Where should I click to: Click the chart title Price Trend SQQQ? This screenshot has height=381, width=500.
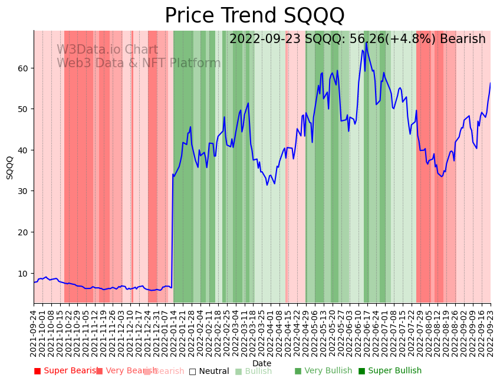coord(254,16)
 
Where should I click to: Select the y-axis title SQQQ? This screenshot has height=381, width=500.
coord(10,167)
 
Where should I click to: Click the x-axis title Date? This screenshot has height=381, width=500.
coord(262,364)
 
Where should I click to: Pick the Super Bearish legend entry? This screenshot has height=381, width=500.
coord(66,371)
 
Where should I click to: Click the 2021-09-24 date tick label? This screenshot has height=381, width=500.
coord(34,331)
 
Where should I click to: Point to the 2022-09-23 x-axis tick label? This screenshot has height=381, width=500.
coord(491,331)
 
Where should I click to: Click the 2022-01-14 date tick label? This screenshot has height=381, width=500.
coord(173,331)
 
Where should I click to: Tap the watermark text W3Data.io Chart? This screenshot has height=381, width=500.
coord(107,50)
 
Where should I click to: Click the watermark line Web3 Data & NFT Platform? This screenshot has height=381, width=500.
coord(139,64)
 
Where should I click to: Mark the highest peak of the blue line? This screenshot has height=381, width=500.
coord(366,42)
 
